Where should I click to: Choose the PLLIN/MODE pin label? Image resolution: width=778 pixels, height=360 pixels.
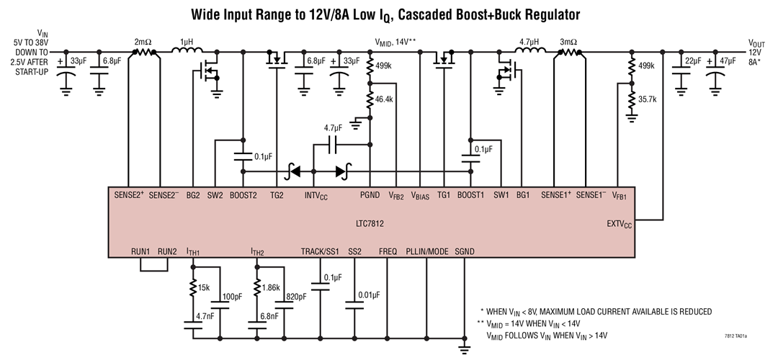[426, 251]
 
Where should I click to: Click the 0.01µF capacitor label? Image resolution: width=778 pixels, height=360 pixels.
[370, 296]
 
